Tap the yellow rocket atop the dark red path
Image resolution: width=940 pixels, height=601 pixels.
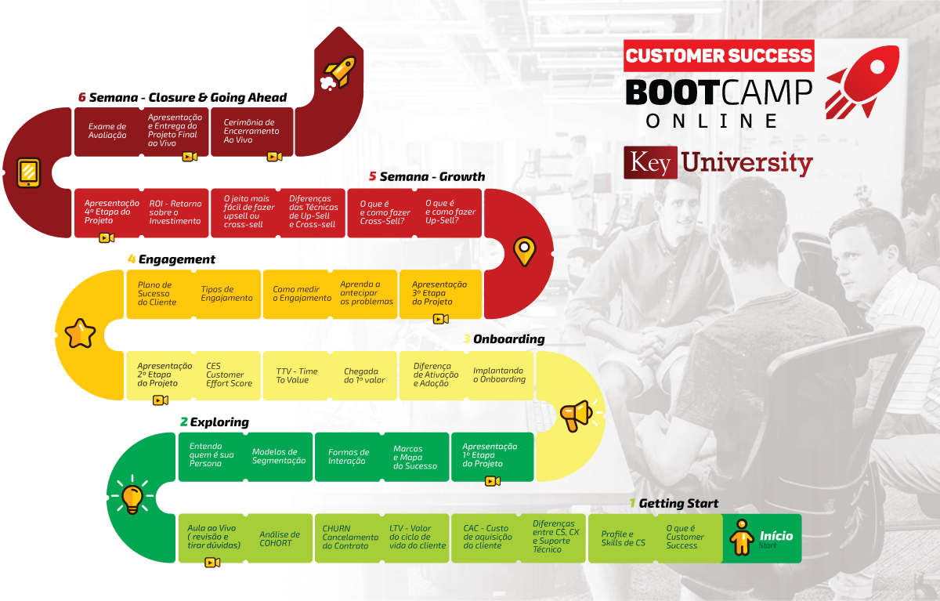pyautogui.click(x=338, y=73)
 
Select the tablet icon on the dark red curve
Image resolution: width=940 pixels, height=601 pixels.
pyautogui.click(x=28, y=172)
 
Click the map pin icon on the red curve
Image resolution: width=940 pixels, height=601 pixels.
pyautogui.click(x=525, y=252)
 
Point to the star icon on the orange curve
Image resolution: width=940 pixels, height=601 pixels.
pyautogui.click(x=80, y=334)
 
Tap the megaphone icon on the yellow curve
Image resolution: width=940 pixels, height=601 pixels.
pyautogui.click(x=577, y=415)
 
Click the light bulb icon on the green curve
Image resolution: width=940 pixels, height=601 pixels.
pyautogui.click(x=132, y=498)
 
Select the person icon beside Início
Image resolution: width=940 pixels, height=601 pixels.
pyautogui.click(x=742, y=538)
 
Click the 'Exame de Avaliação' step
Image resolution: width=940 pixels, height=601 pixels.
pyautogui.click(x=107, y=131)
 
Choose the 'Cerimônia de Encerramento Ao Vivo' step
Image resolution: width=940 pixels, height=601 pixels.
pyautogui.click(x=251, y=132)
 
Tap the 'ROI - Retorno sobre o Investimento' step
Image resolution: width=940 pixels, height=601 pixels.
pyautogui.click(x=175, y=212)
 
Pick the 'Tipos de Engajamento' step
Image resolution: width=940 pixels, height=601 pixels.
pyautogui.click(x=227, y=294)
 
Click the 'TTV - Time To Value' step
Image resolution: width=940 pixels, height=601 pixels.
pyautogui.click(x=297, y=375)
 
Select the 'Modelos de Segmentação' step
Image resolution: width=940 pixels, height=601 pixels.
pyautogui.click(x=279, y=457)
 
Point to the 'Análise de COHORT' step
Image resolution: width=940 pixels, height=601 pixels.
pyautogui.click(x=280, y=538)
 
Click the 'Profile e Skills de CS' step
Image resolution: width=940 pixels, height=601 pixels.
pyautogui.click(x=623, y=538)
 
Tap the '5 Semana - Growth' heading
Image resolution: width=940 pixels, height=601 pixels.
pyautogui.click(x=427, y=176)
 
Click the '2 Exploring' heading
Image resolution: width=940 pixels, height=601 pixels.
pyautogui.click(x=215, y=422)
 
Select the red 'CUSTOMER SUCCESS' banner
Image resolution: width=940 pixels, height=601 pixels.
pyautogui.click(x=719, y=56)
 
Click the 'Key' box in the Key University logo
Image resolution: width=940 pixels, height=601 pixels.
pyautogui.click(x=650, y=163)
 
